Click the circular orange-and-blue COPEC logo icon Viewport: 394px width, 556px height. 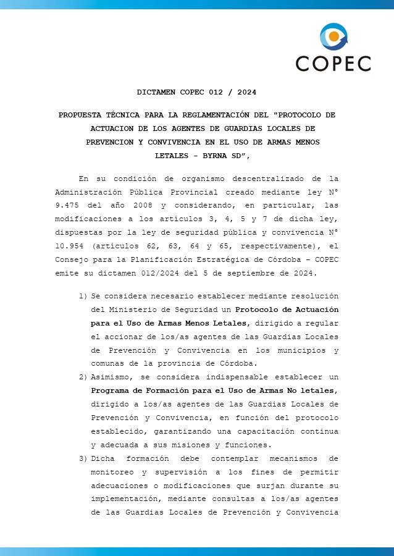pyautogui.click(x=334, y=36)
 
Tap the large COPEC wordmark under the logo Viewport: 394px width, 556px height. pyautogui.click(x=333, y=63)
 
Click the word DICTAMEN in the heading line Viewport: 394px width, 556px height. pyautogui.click(x=156, y=92)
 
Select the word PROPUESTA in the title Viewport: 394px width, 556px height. pyautogui.click(x=80, y=115)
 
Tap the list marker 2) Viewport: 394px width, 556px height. pyautogui.click(x=83, y=376)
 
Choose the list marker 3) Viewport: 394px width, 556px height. pyautogui.click(x=83, y=458)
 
